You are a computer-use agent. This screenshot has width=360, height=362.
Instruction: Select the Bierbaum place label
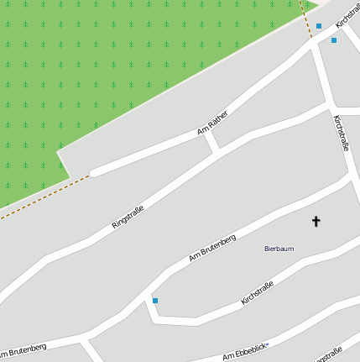coord(279,249)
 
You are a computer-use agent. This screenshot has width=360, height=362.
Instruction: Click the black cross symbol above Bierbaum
coord(316,222)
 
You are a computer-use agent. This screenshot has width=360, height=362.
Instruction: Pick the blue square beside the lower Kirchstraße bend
coord(155,300)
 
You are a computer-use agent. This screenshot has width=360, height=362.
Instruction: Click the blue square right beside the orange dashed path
coord(319,26)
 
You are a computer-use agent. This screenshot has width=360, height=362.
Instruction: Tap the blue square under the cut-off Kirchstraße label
coord(334,39)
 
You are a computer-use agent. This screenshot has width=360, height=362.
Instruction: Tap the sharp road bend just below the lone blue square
coord(153,319)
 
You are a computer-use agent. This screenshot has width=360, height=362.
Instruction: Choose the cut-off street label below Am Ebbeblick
coord(327,355)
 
